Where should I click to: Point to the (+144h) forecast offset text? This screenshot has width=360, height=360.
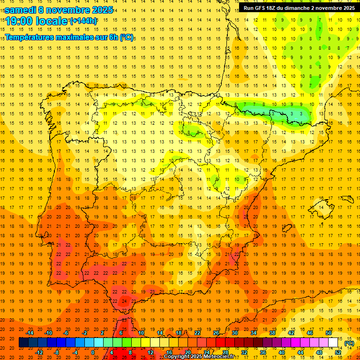coord(83,21)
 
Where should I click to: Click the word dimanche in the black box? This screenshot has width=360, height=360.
coord(294,7)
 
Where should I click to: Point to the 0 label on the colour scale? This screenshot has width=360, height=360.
coord(93,352)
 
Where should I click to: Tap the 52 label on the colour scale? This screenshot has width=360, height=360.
coord(338,352)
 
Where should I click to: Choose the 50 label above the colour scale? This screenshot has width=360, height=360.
coord(328,333)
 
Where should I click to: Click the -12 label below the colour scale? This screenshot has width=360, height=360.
coord(39,352)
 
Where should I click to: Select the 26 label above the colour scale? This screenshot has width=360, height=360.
coord(216,333)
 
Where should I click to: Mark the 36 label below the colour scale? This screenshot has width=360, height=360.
coord(262,352)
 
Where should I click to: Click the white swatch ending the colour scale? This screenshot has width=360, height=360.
coord(333,343)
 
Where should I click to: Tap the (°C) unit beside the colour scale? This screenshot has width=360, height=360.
coord(349,343)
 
